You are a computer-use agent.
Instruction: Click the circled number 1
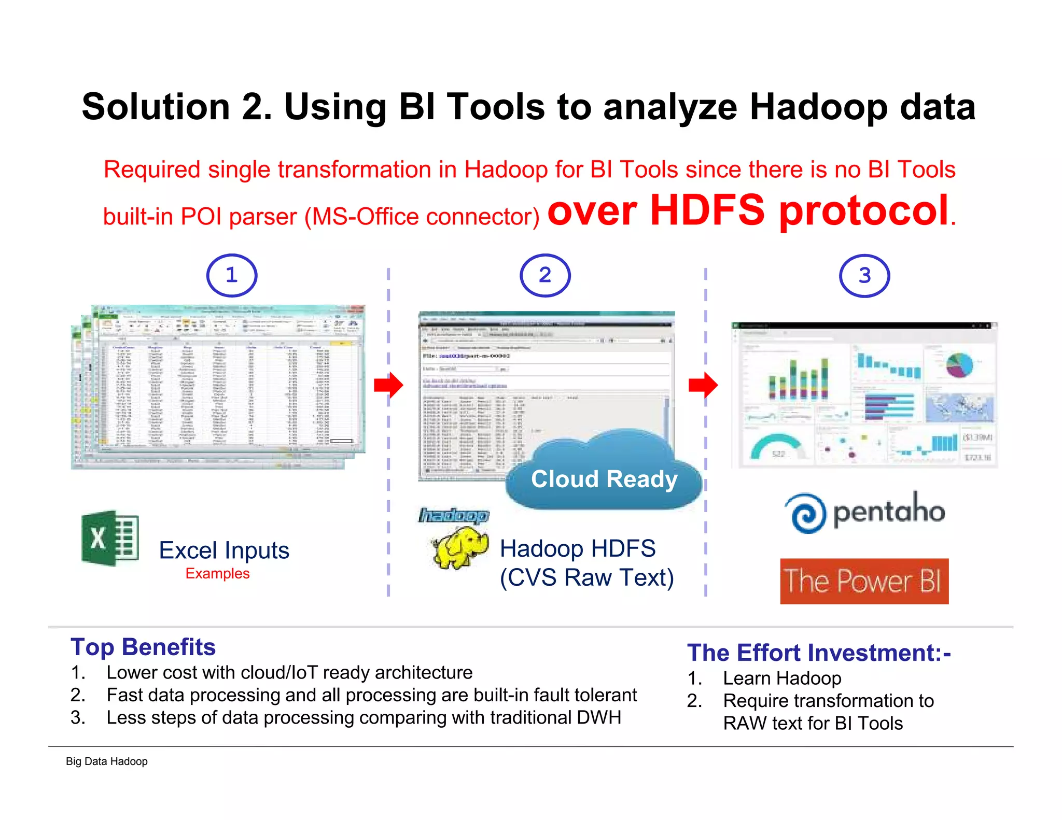pyautogui.click(x=231, y=275)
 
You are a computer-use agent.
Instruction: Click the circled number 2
pyautogui.click(x=545, y=275)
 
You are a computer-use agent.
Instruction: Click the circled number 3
pyautogui.click(x=864, y=276)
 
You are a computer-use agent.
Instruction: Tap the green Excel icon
pyautogui.click(x=110, y=538)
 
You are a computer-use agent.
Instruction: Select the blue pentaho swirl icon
pyautogui.click(x=805, y=513)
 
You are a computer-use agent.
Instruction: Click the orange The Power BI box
pyautogui.click(x=864, y=581)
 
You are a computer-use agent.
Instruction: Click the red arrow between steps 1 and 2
pyautogui.click(x=388, y=385)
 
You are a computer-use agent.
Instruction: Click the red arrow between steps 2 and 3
pyautogui.click(x=703, y=385)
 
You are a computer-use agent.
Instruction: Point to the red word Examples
pyautogui.click(x=217, y=573)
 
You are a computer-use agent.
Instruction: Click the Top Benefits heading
pyautogui.click(x=143, y=647)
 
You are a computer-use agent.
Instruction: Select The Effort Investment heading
pyautogui.click(x=818, y=653)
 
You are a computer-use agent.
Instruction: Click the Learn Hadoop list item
pyautogui.click(x=781, y=678)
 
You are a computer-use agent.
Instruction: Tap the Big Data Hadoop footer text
pyautogui.click(x=107, y=761)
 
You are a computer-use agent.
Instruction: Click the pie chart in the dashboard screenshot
pyautogui.click(x=959, y=365)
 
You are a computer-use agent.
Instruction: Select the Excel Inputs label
pyautogui.click(x=224, y=550)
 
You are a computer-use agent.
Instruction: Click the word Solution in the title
pyautogui.click(x=156, y=107)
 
